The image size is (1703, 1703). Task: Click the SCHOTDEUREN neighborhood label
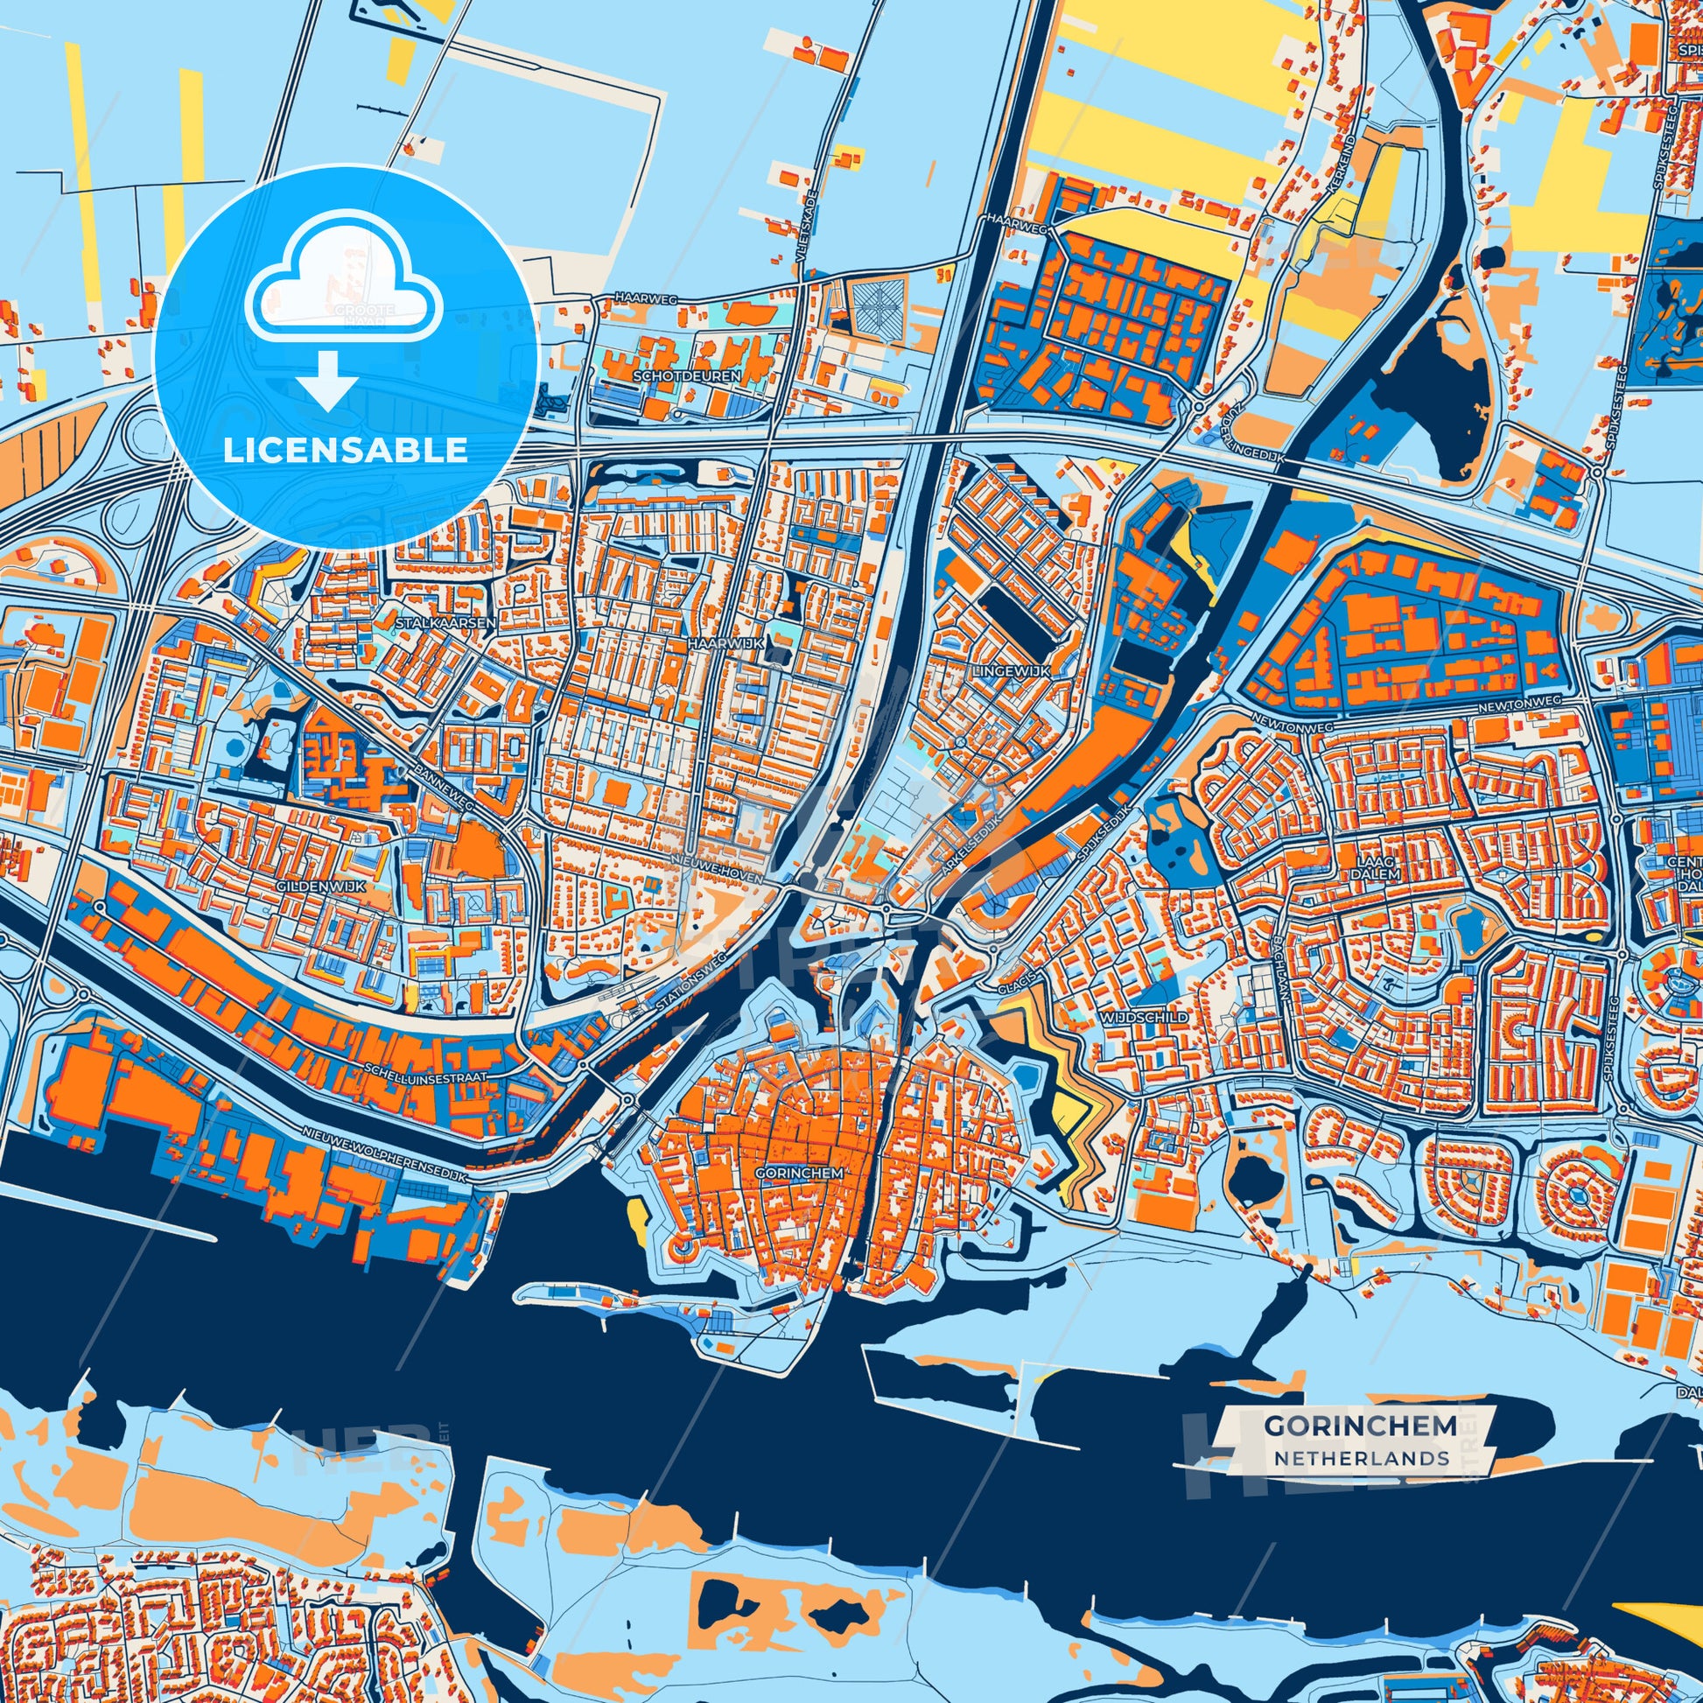pyautogui.click(x=687, y=376)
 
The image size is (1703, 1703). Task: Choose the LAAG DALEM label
pyautogui.click(x=1377, y=866)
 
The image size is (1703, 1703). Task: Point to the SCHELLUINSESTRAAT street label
pyautogui.click(x=424, y=1076)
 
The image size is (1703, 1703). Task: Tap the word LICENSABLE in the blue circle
pyautogui.click(x=345, y=450)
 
